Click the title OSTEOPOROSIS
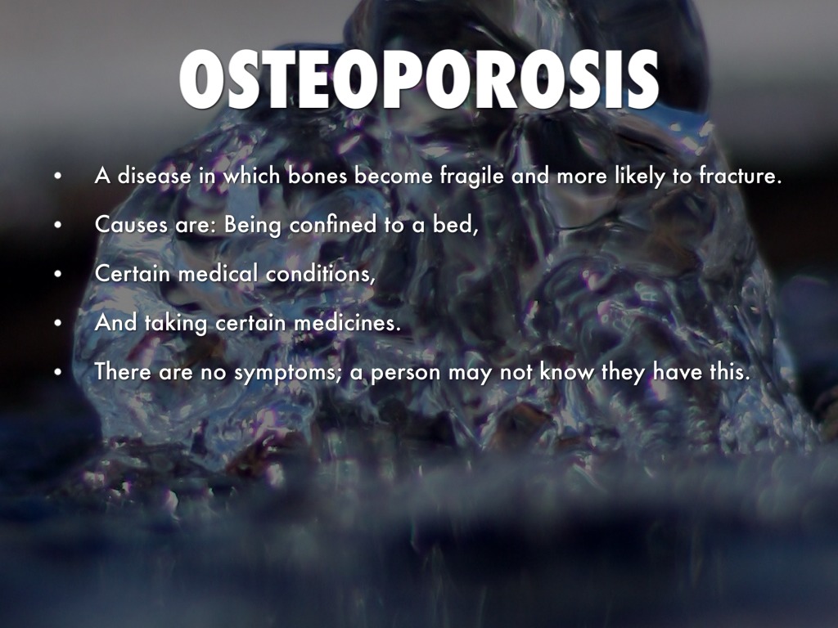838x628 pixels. pyautogui.click(x=418, y=79)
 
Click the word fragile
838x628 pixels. pyautogui.click(x=472, y=177)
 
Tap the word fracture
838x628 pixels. pyautogui.click(x=741, y=175)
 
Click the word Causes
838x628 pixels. pyautogui.click(x=131, y=225)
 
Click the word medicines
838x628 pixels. pyautogui.click(x=347, y=322)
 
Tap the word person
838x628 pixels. pyautogui.click(x=406, y=373)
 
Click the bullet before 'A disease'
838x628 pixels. pyautogui.click(x=58, y=176)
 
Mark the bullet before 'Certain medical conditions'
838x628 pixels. pyautogui.click(x=58, y=274)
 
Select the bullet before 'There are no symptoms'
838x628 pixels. pyautogui.click(x=58, y=372)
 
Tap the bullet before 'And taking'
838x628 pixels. pyautogui.click(x=58, y=323)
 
